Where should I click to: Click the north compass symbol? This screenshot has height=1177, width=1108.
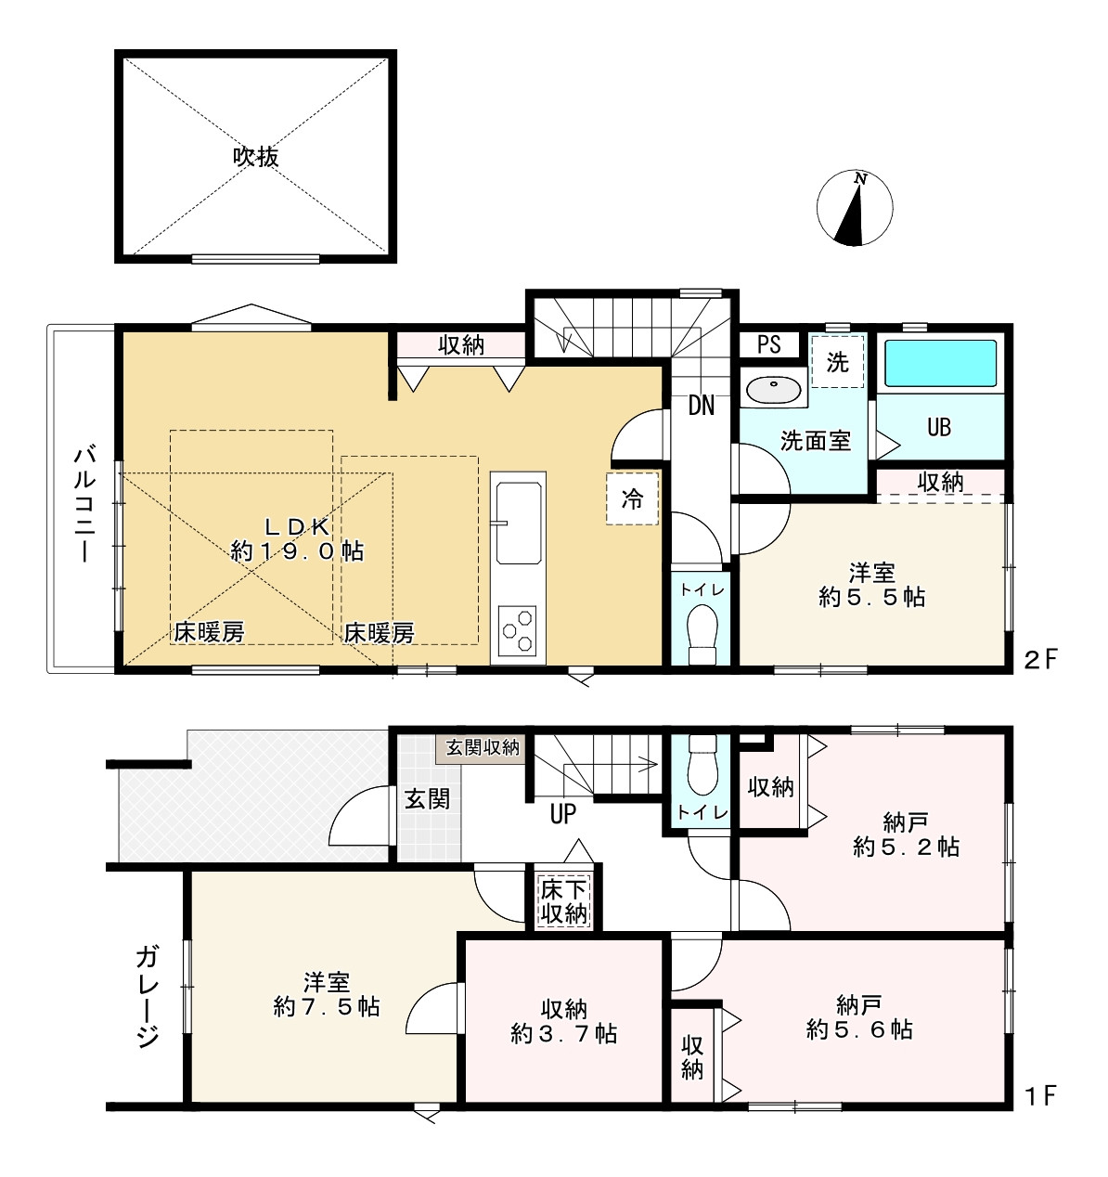click(855, 208)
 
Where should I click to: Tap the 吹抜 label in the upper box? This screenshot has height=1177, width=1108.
click(255, 157)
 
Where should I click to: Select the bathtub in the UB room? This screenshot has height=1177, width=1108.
click(940, 364)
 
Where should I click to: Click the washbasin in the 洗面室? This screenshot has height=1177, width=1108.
click(773, 390)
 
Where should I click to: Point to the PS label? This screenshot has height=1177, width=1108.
click(769, 345)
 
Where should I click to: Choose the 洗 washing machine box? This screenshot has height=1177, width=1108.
click(837, 361)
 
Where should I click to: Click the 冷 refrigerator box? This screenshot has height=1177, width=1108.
click(632, 498)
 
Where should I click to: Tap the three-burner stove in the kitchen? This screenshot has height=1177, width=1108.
click(517, 631)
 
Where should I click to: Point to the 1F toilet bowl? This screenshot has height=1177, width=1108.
click(703, 765)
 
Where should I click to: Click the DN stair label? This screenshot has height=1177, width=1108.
click(702, 406)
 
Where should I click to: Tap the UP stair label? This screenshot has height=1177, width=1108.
click(562, 814)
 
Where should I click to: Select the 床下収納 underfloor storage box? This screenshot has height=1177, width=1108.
click(563, 901)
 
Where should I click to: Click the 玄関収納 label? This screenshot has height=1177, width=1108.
click(483, 747)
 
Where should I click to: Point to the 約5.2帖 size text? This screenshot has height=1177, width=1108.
click(906, 847)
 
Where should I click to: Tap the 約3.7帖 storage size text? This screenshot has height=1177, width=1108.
click(563, 1034)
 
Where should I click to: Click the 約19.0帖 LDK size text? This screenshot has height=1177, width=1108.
click(297, 551)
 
